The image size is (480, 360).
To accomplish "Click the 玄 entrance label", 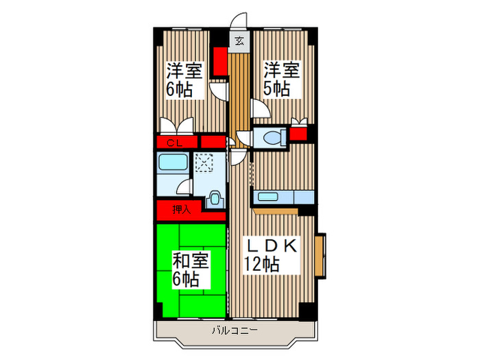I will pos(239,41).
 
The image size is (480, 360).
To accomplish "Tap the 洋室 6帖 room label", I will pos(184,80).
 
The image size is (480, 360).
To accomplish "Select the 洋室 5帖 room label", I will pos(282,79).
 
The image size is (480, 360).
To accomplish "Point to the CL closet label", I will pos(173,143).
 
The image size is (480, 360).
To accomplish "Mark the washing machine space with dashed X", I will pos(204,163).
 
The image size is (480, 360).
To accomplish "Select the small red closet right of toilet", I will pos(298,134).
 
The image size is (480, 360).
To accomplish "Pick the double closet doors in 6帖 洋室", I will pos(176,126).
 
